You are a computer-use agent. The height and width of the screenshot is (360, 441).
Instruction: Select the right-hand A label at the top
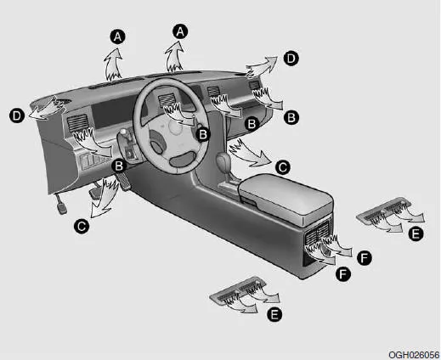[179, 30]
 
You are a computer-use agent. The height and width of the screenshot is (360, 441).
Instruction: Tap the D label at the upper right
[291, 59]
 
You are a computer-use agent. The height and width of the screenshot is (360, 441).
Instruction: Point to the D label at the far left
[15, 113]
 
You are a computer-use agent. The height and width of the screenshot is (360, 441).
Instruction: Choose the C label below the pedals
[80, 226]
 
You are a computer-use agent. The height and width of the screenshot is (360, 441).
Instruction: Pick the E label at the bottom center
[274, 314]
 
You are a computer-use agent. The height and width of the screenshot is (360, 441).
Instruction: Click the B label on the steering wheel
[202, 132]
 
